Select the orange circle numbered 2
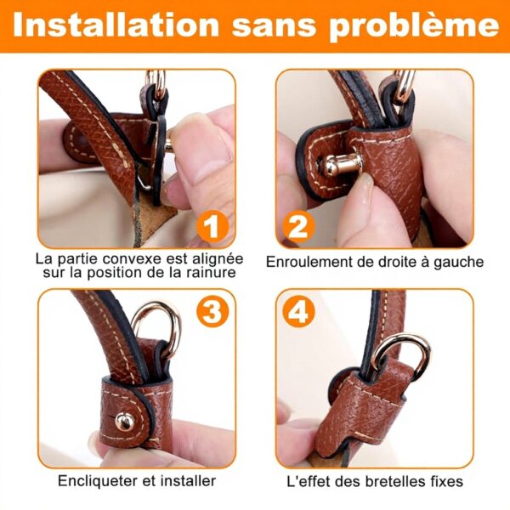(x=298, y=226)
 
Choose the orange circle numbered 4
(x=298, y=312)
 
